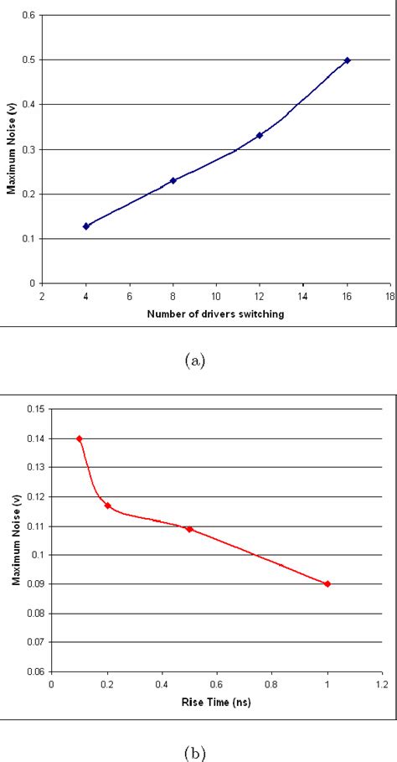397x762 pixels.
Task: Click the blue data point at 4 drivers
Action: coord(86,226)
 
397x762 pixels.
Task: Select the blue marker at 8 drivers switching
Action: coord(173,180)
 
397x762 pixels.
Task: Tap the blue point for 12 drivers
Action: coord(260,135)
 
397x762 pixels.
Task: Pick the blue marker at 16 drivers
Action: coord(347,60)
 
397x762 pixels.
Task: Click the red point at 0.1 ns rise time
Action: coord(80,438)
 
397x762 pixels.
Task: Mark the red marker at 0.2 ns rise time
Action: coord(107,505)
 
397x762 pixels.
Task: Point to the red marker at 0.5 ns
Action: coord(189,529)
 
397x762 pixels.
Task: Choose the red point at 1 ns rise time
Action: coord(327,583)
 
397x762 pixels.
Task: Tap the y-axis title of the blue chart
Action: coord(11,150)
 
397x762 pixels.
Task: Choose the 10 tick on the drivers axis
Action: coord(216,296)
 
